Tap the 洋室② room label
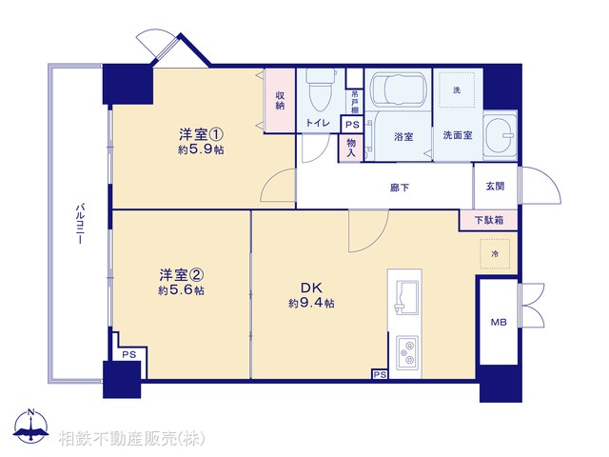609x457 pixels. click(x=181, y=274)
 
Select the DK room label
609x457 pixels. click(x=311, y=287)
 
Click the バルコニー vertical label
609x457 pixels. click(x=81, y=224)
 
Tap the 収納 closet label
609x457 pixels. click(x=281, y=99)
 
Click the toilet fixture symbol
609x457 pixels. click(x=319, y=92)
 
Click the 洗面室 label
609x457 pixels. click(x=457, y=135)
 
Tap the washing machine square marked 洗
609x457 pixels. click(x=456, y=89)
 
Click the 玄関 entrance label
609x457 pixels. click(x=496, y=187)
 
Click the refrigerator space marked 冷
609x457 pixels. click(x=495, y=254)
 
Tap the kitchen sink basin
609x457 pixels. click(x=404, y=296)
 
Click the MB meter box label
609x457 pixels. click(x=498, y=324)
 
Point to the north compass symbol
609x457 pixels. click(x=32, y=427)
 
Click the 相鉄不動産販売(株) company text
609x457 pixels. click(x=130, y=438)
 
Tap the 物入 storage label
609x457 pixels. click(x=351, y=147)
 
